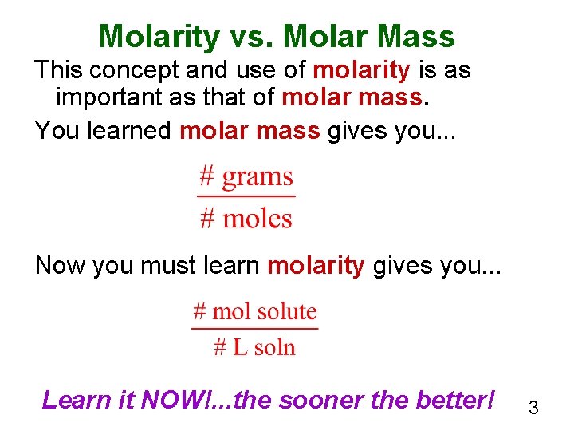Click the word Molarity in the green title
pos(159,37)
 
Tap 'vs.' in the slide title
pos(250,37)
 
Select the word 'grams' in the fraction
pos(257,176)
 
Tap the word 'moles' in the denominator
pos(257,218)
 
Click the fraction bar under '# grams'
pos(246,196)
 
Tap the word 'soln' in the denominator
pos(275,347)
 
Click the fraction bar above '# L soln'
pos(255,328)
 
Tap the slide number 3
pos(533,409)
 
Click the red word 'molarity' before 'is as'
pos(361,71)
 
